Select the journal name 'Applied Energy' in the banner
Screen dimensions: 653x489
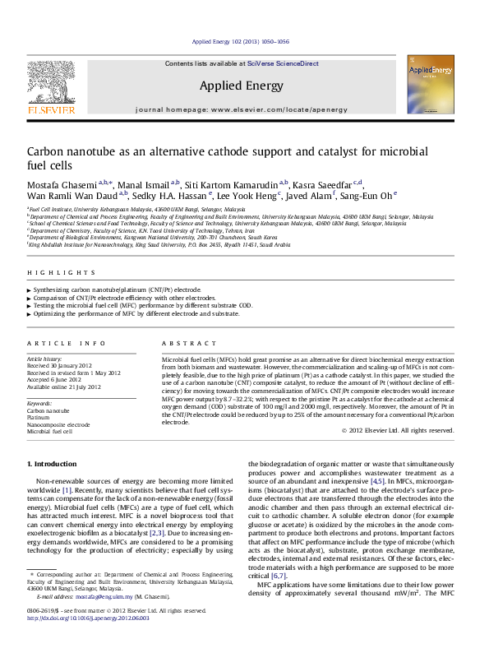[x=241, y=86]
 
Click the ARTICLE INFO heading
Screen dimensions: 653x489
[x=67, y=343]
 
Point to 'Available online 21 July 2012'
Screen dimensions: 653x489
[x=63, y=386]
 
